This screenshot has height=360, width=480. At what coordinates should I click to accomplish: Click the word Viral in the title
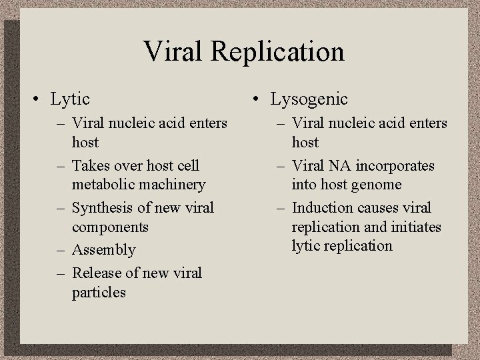coord(173,51)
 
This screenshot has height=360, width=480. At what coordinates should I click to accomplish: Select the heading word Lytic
coord(70,99)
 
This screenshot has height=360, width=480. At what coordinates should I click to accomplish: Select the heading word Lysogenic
coord(309,99)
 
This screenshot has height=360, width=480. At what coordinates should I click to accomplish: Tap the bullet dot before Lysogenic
coord(256,100)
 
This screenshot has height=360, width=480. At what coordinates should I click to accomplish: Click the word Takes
coord(90,165)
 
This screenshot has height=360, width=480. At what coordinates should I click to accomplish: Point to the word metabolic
coord(102,184)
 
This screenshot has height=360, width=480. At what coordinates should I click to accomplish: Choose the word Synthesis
coord(103,207)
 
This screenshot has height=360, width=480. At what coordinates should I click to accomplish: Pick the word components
coord(109,227)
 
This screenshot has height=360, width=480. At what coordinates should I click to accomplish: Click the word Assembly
coord(103,250)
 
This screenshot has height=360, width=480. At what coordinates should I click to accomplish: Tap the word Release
coord(94,273)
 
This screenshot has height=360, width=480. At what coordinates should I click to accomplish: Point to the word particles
coord(99,292)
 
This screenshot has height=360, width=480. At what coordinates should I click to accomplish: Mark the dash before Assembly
coord(60,250)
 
